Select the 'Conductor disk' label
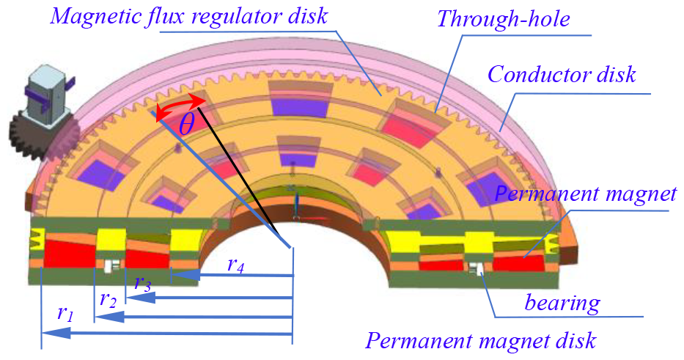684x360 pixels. pyautogui.click(x=562, y=74)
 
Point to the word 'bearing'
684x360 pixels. pyautogui.click(x=562, y=302)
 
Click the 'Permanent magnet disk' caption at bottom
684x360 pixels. pyautogui.click(x=481, y=341)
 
